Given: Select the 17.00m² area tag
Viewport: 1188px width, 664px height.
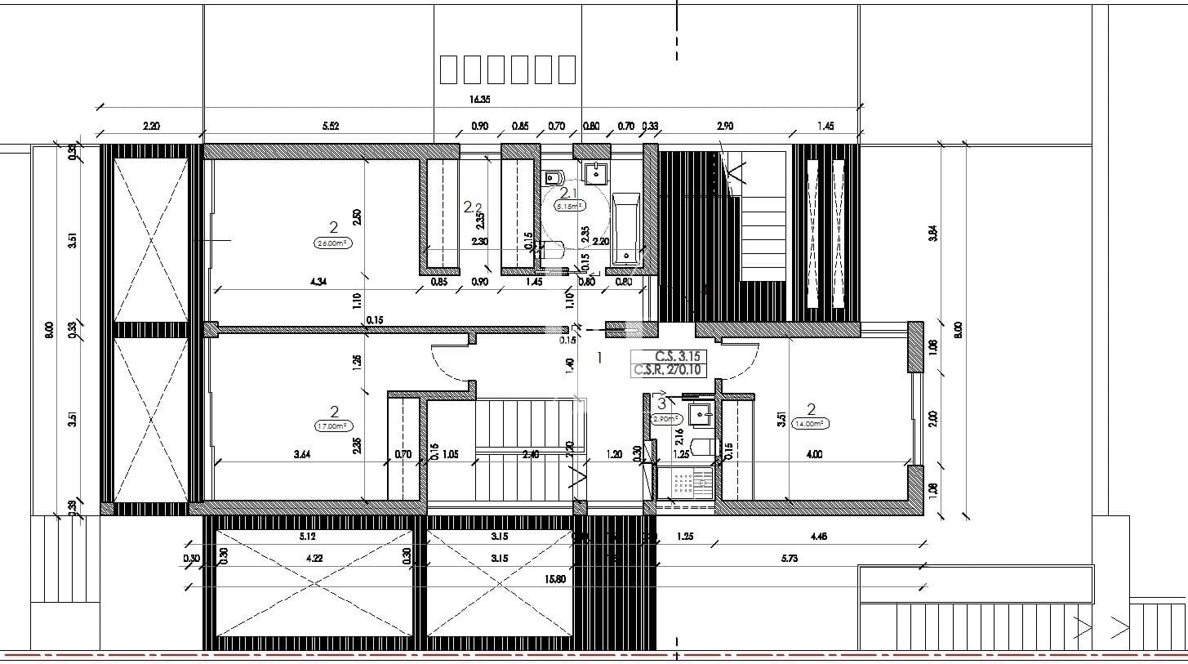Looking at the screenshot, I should pos(332,426).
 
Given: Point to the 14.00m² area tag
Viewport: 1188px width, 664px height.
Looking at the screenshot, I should pos(810,423).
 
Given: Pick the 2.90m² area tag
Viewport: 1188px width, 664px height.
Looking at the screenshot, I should pos(667,418).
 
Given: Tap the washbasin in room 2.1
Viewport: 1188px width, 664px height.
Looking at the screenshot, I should pos(598,172).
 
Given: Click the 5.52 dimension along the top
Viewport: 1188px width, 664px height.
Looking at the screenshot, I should pos(330,126).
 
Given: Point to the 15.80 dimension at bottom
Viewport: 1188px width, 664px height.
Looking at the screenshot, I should pos(556,579).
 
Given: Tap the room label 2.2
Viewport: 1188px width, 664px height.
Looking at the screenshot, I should pos(473,207).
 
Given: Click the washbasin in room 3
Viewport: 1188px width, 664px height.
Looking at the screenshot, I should pos(700,415).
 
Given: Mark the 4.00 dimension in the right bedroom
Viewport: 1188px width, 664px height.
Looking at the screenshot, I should pos(813,455).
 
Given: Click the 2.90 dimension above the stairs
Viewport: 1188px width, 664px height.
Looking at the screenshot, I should pos(724,126).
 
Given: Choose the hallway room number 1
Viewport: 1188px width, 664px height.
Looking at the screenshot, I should pos(600,357).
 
